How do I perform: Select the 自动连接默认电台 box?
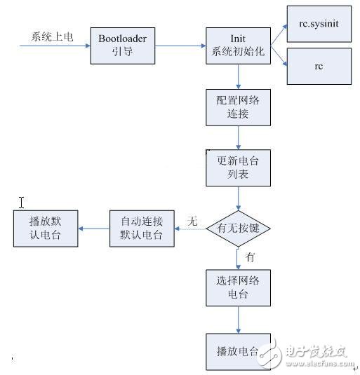[x=142, y=229]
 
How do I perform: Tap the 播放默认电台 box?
[x=46, y=229]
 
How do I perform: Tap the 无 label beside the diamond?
[x=192, y=221]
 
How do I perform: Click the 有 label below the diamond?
[x=250, y=258]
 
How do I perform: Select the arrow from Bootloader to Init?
[x=180, y=46]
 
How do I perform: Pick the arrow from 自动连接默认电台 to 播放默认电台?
[x=94, y=229]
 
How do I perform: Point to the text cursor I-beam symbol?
[x=22, y=203]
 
